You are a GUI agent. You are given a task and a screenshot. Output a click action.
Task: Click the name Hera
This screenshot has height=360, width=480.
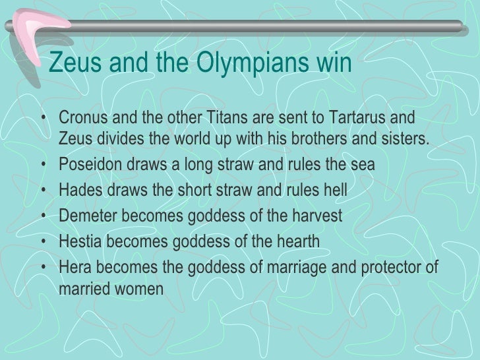pyautogui.click(x=75, y=266)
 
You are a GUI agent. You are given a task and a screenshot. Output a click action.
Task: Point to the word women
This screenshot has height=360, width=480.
pyautogui.click(x=136, y=288)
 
